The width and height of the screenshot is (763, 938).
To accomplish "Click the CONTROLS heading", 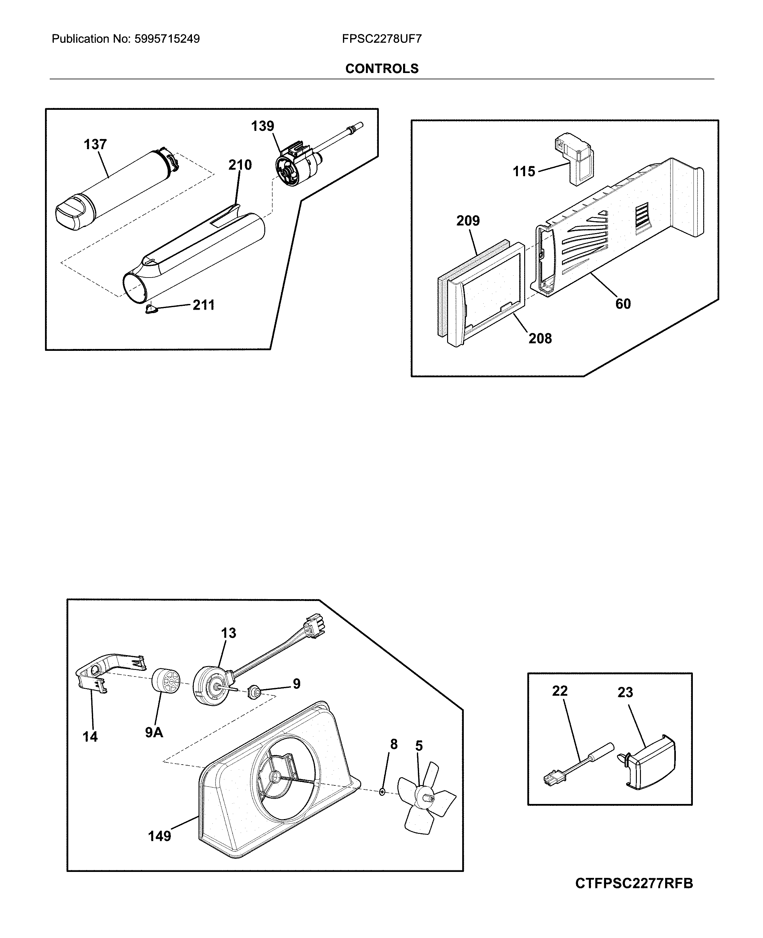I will coord(381,69).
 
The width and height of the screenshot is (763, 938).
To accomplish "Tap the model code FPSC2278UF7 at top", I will coord(381,39).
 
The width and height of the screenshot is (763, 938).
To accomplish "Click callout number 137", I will coord(95,144).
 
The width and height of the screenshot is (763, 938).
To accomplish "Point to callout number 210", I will coord(240,165).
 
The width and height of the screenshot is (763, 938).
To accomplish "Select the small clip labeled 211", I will coord(151,310).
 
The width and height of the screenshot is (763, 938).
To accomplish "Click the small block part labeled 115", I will coord(573,160).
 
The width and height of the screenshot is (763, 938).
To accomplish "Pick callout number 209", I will coord(468,221).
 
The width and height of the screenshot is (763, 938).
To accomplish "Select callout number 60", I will coord(623,304).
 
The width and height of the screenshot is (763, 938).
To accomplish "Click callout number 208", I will coord(540,339).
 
